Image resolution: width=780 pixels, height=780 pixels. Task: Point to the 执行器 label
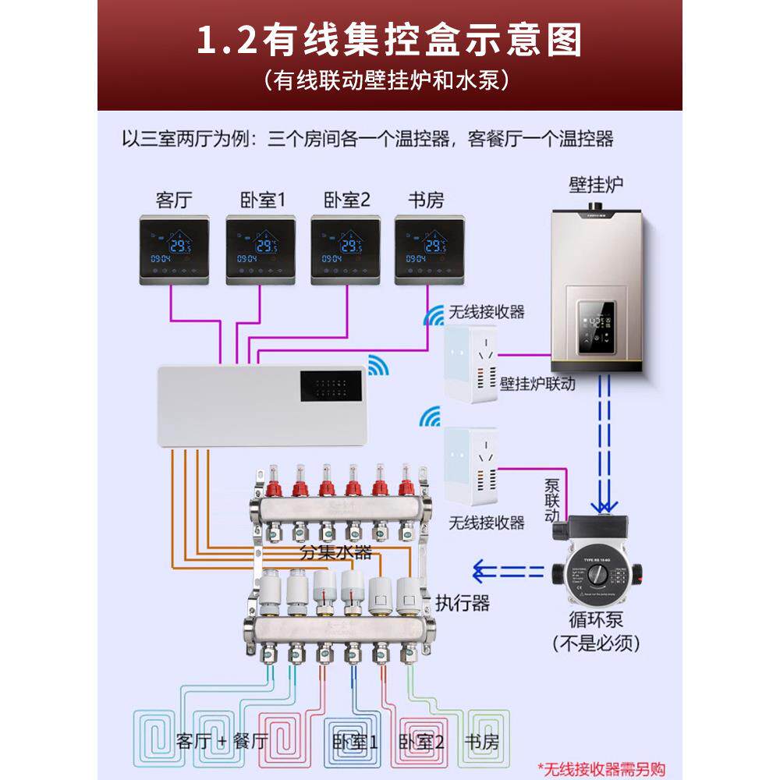[x=463, y=602]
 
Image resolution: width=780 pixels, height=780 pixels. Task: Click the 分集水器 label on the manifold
[x=336, y=553]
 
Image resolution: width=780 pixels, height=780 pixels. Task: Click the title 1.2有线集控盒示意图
[x=389, y=41]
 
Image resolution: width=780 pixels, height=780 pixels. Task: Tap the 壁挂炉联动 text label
[x=537, y=384]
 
